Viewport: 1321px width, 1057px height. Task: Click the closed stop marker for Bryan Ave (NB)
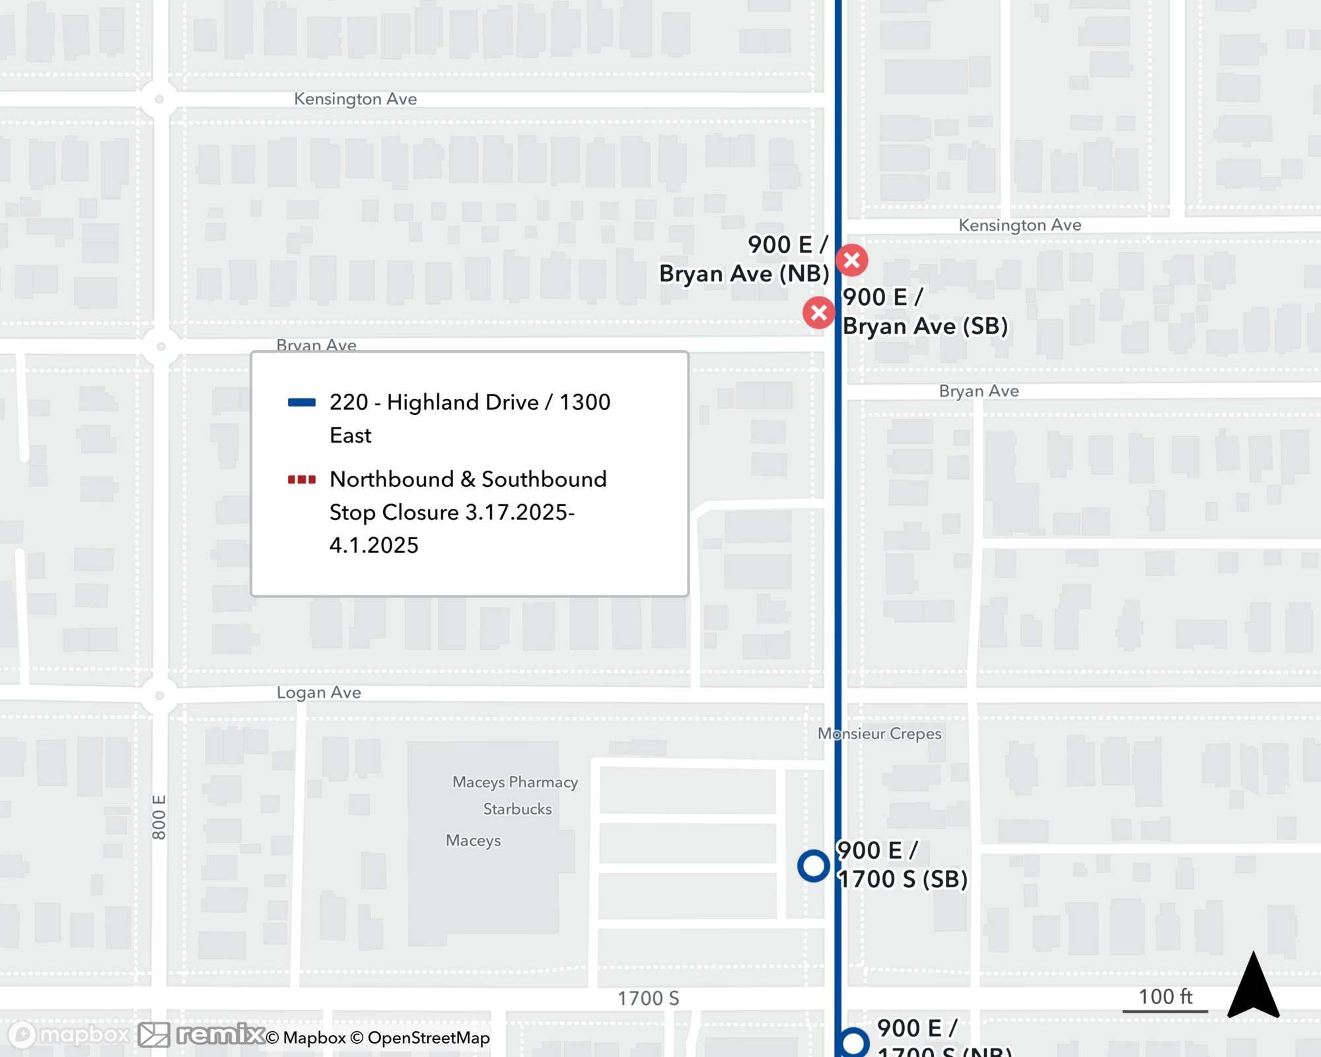tap(851, 260)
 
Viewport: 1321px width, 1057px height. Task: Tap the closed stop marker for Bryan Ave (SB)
tap(818, 313)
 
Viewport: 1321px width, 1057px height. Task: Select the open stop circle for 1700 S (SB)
tap(813, 865)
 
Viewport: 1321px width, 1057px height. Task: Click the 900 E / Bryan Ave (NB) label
tap(744, 259)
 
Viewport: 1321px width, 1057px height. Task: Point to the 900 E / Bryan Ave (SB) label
tap(925, 312)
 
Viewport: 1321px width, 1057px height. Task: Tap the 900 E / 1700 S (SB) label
tap(902, 865)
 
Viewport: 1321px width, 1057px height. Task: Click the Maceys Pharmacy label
tap(515, 782)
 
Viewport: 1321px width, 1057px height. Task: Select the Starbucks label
tap(517, 809)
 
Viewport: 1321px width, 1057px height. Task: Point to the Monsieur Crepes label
tap(879, 734)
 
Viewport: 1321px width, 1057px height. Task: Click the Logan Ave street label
tap(318, 692)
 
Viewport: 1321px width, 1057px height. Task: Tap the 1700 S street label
tap(648, 998)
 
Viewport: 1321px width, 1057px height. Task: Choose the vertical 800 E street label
tap(159, 817)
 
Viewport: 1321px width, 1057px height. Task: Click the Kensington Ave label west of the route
tap(355, 99)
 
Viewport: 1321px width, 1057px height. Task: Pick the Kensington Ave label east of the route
tap(1020, 225)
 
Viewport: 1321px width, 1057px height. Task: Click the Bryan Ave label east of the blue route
tap(979, 391)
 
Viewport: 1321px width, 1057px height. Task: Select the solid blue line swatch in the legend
tap(302, 402)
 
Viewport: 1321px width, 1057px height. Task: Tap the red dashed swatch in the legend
tap(302, 480)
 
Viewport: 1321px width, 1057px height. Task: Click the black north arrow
tap(1253, 986)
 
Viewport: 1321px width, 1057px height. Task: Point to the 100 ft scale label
tap(1165, 997)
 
